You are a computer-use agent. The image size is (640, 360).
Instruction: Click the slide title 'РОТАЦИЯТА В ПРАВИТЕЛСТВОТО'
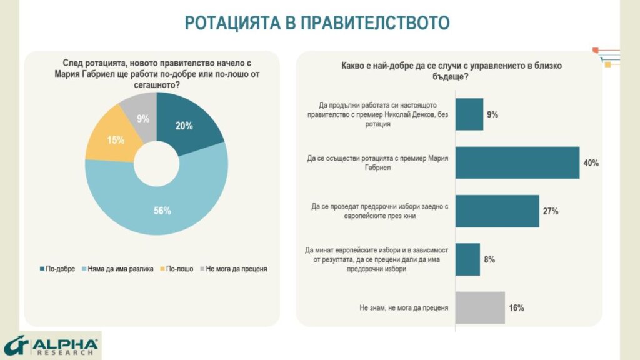tap(317, 22)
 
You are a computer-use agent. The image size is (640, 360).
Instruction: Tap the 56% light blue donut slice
tap(156, 206)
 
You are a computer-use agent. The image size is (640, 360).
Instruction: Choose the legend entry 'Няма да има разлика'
tap(116, 269)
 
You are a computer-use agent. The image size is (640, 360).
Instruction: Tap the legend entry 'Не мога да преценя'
tap(234, 269)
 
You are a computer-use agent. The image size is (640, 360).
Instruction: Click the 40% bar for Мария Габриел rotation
tap(517, 162)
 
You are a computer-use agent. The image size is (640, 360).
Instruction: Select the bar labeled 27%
tap(497, 211)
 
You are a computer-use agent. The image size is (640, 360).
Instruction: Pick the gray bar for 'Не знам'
tap(480, 307)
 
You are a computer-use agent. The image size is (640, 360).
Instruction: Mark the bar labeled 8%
tap(467, 259)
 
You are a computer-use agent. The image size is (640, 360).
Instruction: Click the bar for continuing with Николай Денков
tap(469, 114)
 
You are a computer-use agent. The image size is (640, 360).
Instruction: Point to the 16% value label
tap(516, 307)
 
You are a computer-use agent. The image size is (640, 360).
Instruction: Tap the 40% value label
tap(591, 163)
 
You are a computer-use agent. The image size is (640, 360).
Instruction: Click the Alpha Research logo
tap(51, 346)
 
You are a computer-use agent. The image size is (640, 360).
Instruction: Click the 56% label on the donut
tap(162, 211)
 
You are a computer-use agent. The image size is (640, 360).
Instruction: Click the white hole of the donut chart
tap(156, 164)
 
